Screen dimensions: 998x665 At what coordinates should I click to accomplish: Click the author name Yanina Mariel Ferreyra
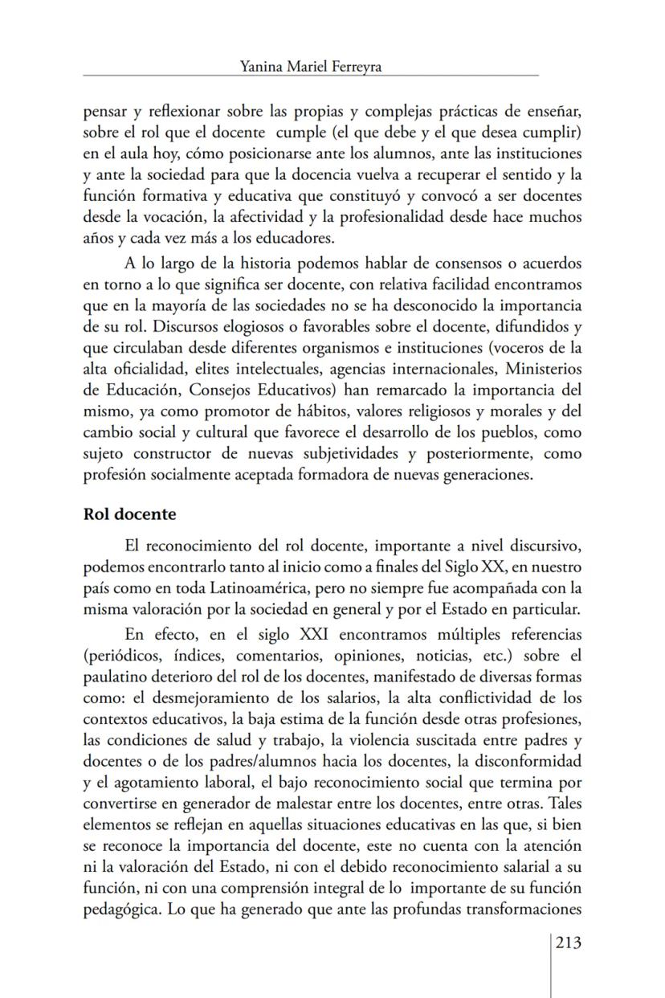(310, 67)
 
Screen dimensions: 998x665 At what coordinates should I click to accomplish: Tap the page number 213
(568, 943)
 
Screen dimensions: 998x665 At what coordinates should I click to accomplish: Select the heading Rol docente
(129, 513)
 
